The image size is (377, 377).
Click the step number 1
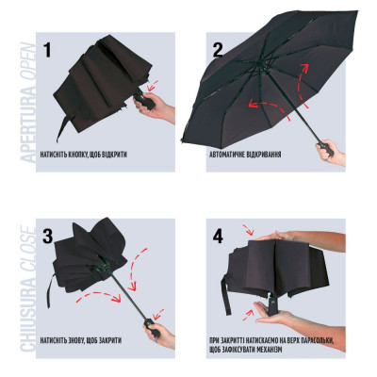[x=47, y=50]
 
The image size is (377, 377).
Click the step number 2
[x=218, y=50]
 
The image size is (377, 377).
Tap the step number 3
[x=47, y=237]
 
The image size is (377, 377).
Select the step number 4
[x=218, y=237]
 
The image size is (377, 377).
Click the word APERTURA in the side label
[x=28, y=125]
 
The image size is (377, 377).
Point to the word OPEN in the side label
[x=28, y=64]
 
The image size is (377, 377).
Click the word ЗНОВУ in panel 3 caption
[x=74, y=340]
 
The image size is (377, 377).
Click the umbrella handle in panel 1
[x=143, y=100]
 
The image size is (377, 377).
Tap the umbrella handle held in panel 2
[x=326, y=149]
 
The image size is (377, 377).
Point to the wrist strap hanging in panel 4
[x=226, y=292]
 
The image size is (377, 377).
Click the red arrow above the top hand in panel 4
[x=248, y=230]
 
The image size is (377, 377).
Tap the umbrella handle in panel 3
[x=153, y=327]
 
